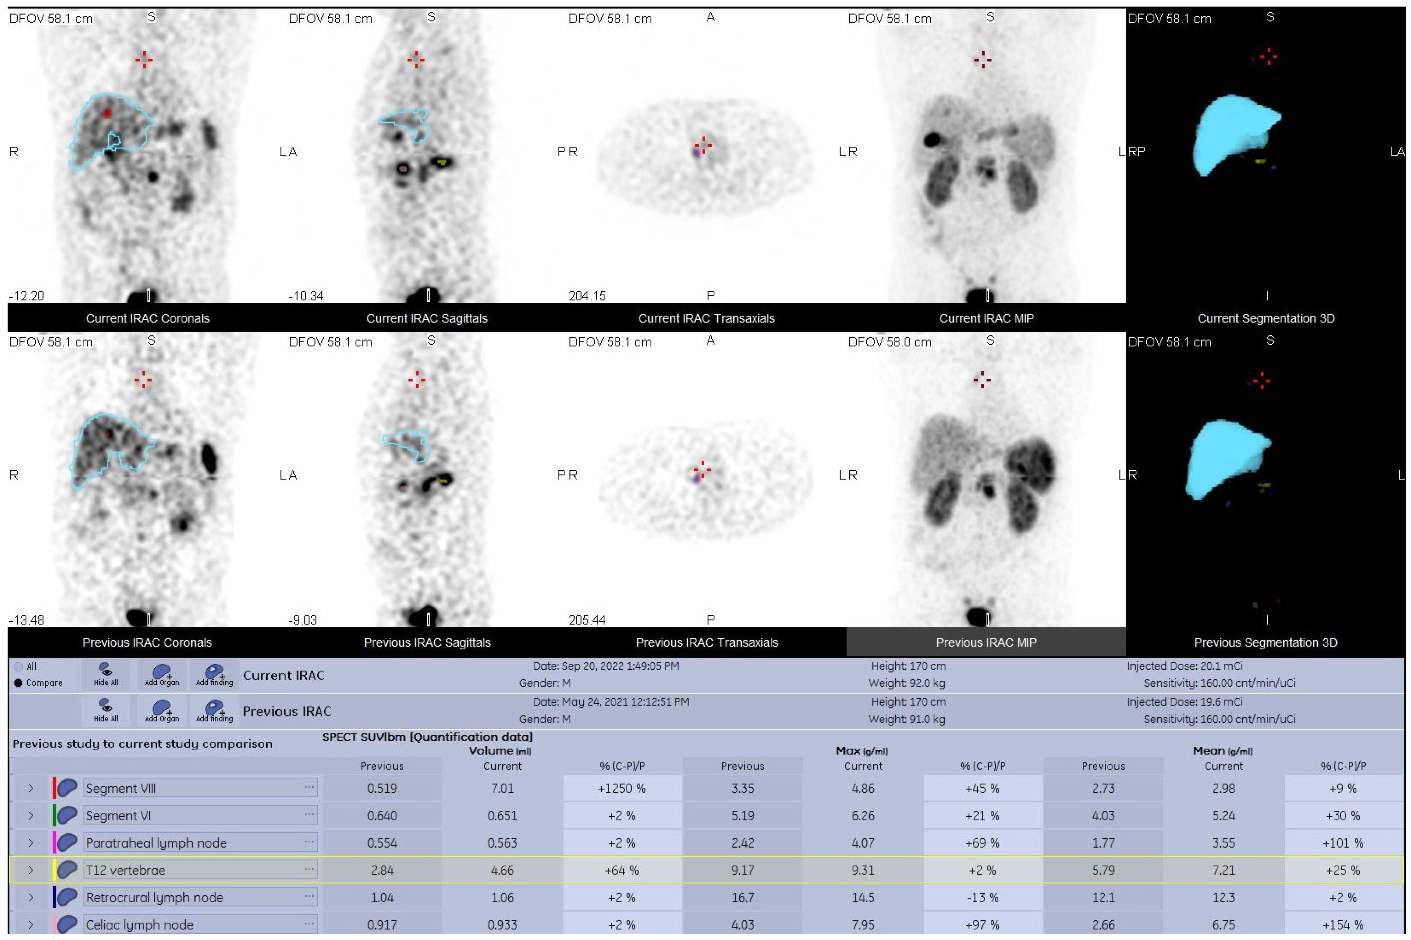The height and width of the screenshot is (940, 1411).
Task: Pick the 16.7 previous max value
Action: [742, 897]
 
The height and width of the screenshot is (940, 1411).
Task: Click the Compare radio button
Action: [19, 683]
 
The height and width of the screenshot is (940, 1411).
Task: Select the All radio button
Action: [19, 667]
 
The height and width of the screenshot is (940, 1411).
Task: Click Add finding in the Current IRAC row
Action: [214, 675]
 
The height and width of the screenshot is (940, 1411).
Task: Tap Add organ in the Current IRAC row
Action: [162, 675]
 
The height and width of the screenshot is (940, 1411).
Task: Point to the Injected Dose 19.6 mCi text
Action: [1184, 702]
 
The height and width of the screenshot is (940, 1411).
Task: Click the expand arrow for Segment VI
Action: [30, 816]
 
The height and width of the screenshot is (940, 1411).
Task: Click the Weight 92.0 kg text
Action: [907, 683]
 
